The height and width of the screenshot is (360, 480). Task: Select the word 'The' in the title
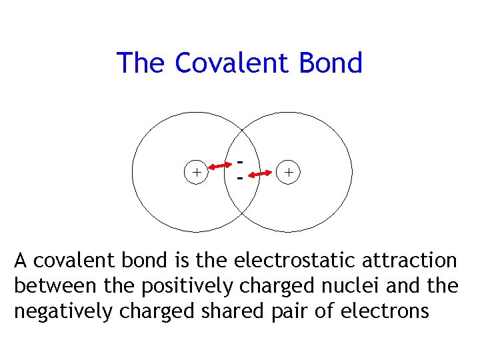point(141,63)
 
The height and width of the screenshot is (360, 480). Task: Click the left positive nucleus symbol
point(196,172)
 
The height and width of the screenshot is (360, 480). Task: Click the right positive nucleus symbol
point(289,172)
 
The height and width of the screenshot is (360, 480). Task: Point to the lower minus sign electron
point(241,179)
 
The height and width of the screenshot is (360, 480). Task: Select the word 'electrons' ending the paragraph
point(390,311)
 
